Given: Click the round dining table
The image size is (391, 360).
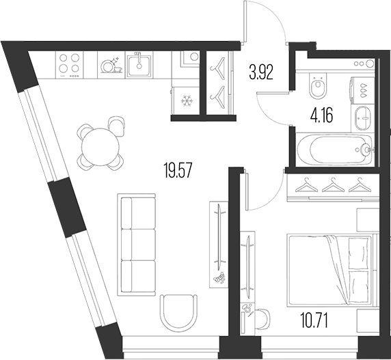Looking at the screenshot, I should tap(99, 144).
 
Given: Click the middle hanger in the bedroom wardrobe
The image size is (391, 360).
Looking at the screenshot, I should tap(332, 185).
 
